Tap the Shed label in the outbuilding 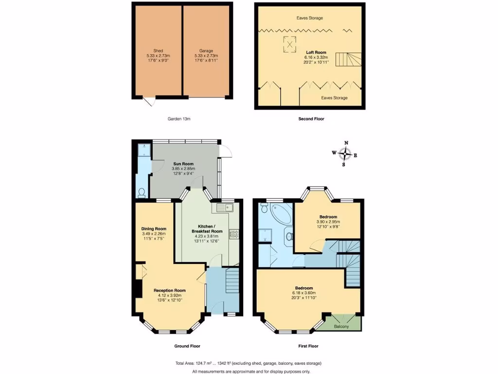158,51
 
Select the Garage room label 206,51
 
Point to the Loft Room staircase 349,60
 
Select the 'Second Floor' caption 311,118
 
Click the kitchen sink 225,208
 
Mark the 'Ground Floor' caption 187,346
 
